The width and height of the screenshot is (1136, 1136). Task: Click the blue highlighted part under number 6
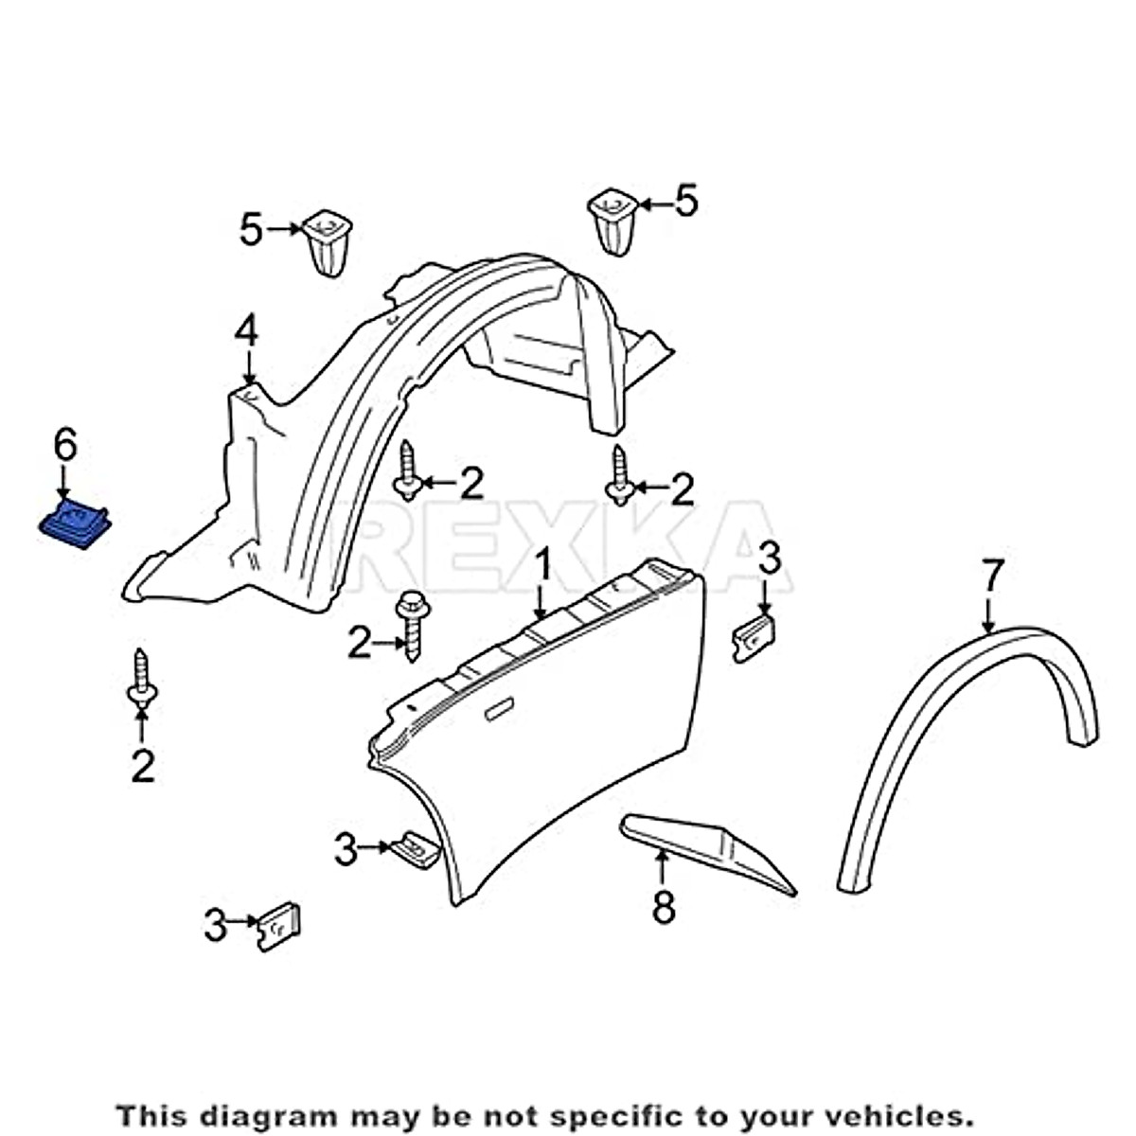[x=75, y=524]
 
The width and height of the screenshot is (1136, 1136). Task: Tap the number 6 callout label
[x=64, y=446]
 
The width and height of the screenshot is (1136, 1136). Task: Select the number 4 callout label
[x=246, y=332]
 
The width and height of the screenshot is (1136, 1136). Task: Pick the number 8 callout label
[x=664, y=907]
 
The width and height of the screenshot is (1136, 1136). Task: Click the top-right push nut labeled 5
[x=612, y=222]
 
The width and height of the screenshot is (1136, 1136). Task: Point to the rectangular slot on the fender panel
[x=500, y=710]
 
